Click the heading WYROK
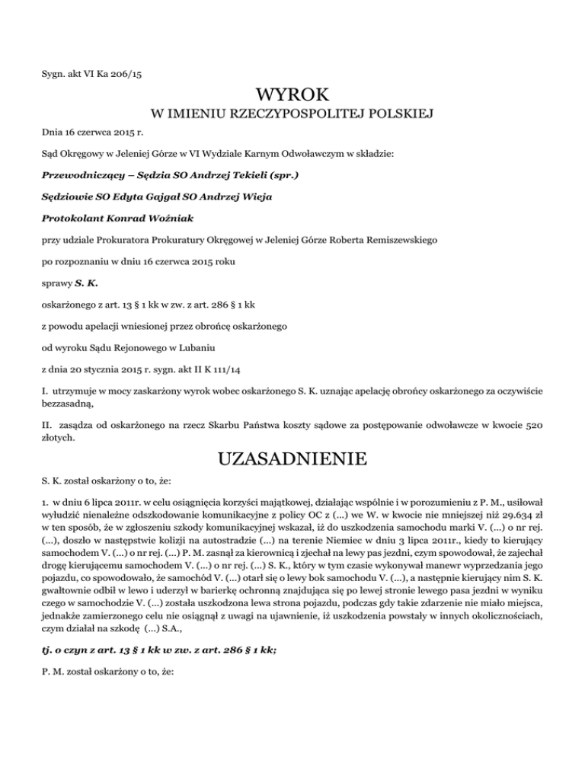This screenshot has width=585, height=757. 292,95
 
